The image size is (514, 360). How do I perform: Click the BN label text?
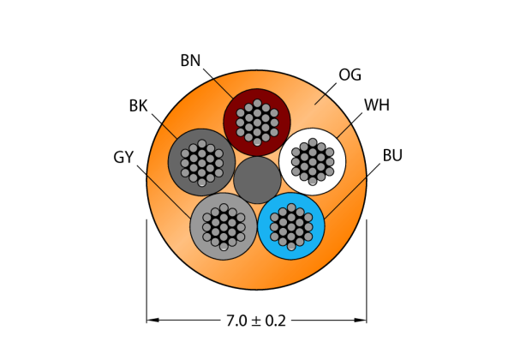(x=190, y=61)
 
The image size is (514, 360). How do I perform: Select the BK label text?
(x=138, y=106)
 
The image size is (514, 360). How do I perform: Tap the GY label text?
(x=123, y=157)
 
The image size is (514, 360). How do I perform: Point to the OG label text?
(x=350, y=75)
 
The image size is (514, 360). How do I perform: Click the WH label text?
(x=377, y=105)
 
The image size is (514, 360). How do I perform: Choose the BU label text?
(x=392, y=155)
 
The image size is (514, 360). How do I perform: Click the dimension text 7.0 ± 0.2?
(x=256, y=321)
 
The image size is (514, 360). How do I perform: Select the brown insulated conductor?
(x=257, y=123)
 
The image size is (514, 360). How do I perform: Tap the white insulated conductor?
(x=313, y=162)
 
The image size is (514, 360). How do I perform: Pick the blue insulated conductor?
(x=291, y=226)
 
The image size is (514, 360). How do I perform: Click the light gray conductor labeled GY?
(x=224, y=226)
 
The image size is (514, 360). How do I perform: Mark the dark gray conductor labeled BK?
(x=201, y=162)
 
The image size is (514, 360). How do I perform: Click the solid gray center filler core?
(x=257, y=180)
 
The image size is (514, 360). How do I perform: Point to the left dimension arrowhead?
(x=152, y=320)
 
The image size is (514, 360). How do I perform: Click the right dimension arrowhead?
(x=361, y=320)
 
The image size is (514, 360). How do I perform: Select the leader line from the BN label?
(x=218, y=83)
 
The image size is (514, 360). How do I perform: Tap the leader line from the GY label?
(x=164, y=191)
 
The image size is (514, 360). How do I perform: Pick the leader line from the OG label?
(x=326, y=93)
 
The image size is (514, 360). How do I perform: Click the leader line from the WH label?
(x=350, y=126)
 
